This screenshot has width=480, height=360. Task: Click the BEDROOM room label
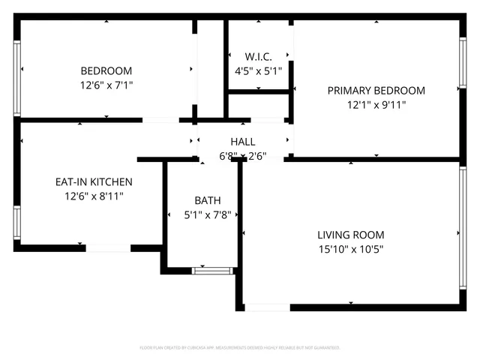[106, 70]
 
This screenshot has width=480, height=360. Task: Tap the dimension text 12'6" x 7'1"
[106, 85]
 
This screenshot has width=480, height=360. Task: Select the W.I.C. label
[258, 57]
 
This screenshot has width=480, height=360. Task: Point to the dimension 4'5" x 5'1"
[258, 71]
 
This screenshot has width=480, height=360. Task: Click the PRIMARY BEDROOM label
[376, 91]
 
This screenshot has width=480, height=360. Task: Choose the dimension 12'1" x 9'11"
[376, 105]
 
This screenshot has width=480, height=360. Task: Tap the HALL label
[242, 142]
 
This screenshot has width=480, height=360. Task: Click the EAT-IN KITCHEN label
[94, 181]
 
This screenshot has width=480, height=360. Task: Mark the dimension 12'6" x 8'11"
[94, 196]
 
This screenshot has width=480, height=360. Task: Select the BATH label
[208, 200]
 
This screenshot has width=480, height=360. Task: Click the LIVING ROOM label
[351, 234]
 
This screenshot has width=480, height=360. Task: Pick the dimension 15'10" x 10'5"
[351, 248]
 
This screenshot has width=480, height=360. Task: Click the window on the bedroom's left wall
[16, 68]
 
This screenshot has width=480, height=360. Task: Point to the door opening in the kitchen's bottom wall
[109, 247]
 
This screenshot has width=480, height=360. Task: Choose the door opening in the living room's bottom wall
[267, 307]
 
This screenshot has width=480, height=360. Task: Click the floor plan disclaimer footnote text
[240, 348]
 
